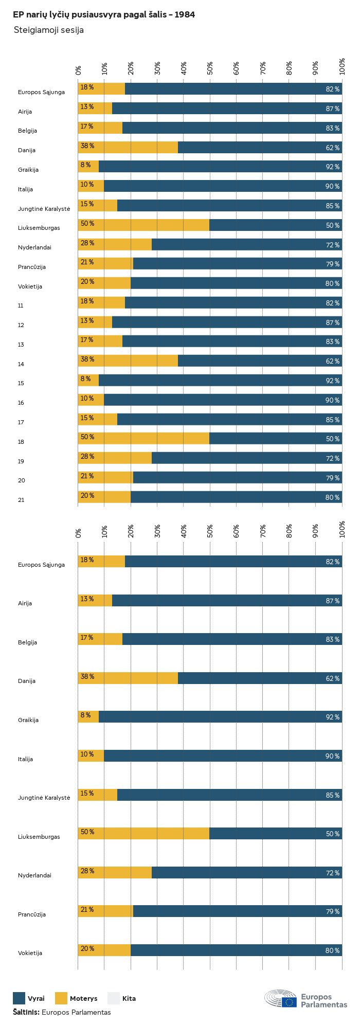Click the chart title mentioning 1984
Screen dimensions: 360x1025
click(x=104, y=15)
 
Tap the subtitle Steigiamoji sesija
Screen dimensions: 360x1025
click(x=49, y=30)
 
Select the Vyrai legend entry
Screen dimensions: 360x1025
click(x=29, y=998)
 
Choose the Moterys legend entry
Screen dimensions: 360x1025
click(x=76, y=998)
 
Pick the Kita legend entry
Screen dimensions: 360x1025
click(x=121, y=998)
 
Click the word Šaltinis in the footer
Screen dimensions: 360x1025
click(x=26, y=1012)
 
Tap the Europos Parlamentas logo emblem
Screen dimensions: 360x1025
click(x=281, y=999)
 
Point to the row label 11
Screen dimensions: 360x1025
click(x=21, y=305)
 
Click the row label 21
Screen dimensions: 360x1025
click(x=21, y=500)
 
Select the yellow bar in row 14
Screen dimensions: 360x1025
click(x=128, y=361)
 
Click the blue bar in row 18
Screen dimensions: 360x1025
click(x=276, y=438)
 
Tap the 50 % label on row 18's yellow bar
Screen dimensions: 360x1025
click(x=87, y=437)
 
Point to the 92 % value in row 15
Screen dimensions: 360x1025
click(x=333, y=381)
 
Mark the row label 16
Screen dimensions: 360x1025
click(x=21, y=403)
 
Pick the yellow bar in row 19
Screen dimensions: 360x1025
click(x=115, y=458)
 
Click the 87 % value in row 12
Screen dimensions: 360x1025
click(x=333, y=323)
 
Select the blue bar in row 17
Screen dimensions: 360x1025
click(x=229, y=419)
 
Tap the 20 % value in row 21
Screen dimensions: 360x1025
click(x=87, y=495)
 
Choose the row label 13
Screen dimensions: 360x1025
click(x=21, y=345)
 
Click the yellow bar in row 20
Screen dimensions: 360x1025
click(x=105, y=477)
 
